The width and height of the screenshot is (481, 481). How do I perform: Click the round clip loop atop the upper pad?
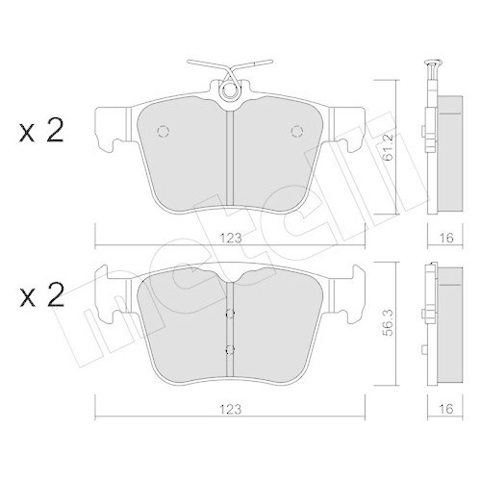pos(229,92)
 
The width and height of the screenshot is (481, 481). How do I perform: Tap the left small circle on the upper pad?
pos(162,132)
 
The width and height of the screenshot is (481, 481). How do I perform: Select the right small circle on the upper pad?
pos(296,132)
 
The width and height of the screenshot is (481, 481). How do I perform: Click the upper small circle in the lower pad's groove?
pos(229,314)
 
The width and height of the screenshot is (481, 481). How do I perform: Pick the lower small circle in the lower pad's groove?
pos(229,349)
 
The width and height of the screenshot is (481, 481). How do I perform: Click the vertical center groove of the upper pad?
pos(229,159)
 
